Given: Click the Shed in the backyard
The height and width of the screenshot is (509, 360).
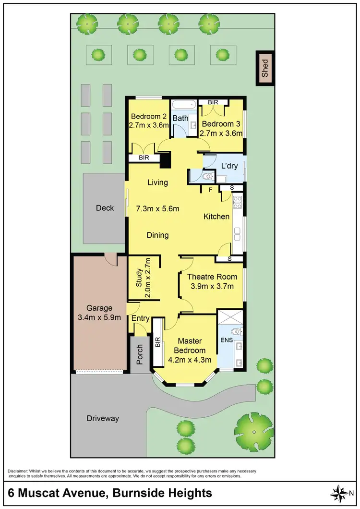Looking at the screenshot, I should pos(265,68).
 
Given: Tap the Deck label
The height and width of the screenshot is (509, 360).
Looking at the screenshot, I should pos(105,208).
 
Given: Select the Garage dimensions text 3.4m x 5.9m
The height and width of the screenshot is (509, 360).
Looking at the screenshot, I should pos(99,317).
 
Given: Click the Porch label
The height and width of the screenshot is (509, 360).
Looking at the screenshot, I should pos(140,354).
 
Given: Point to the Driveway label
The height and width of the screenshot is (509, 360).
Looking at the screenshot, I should pos(103,418).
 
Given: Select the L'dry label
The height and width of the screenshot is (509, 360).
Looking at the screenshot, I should pos(229,166).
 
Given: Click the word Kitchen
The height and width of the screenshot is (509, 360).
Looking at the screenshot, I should pos(216,217).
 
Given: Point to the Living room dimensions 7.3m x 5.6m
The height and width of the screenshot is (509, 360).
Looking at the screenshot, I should pos(158,208).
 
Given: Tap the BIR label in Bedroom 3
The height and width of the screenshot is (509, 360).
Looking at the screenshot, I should pos(213,102).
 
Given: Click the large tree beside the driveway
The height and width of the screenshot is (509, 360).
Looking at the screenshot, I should pos(254,427).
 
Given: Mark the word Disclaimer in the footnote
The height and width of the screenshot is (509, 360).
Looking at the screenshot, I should pos(19,471).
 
